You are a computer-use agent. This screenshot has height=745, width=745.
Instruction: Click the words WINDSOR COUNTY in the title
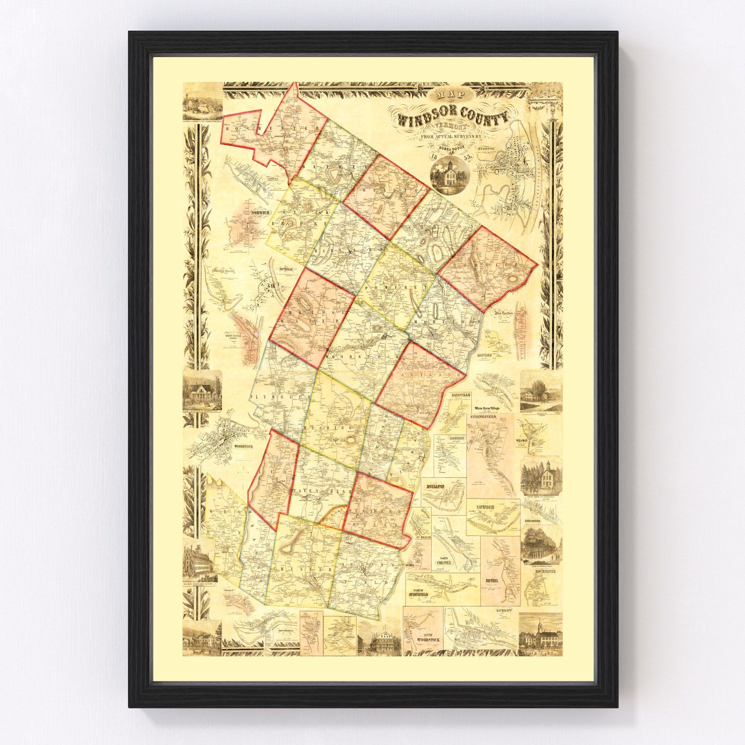point(452,118)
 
